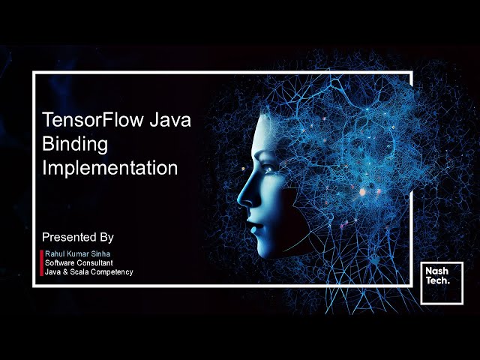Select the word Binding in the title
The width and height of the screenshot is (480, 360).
coord(75,143)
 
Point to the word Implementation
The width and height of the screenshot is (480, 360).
coord(110,167)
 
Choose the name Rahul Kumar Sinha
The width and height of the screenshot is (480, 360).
coord(76,254)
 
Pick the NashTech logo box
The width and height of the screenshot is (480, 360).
coord(436,282)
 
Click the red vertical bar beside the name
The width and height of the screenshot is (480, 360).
coord(42,262)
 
